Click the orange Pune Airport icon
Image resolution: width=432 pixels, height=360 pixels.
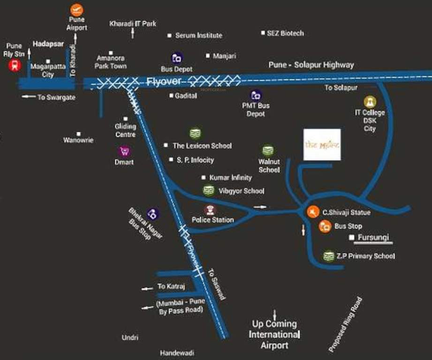(76, 10)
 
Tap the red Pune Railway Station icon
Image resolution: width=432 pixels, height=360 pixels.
(15, 66)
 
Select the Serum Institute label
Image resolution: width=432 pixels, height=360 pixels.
(198, 35)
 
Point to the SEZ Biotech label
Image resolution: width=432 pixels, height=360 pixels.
(285, 33)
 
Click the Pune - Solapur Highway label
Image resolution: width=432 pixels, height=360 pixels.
(311, 65)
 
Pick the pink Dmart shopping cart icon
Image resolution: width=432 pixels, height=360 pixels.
(125, 151)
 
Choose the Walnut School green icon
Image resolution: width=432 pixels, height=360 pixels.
(268, 150)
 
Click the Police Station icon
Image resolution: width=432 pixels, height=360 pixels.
(210, 210)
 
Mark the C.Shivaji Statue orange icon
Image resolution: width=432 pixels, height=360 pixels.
(313, 212)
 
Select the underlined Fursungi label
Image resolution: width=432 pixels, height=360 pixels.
(374, 238)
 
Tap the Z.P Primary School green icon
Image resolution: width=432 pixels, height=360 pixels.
(329, 256)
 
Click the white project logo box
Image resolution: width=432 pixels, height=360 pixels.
(322, 144)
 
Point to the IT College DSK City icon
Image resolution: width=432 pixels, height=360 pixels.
(370, 102)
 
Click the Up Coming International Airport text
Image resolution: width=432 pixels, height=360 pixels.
(274, 334)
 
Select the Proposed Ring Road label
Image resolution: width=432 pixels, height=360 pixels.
(346, 325)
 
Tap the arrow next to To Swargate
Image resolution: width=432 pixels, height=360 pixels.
(29, 97)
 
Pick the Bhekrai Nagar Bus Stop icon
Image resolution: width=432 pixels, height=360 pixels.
(152, 214)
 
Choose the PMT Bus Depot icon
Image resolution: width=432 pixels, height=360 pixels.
(256, 96)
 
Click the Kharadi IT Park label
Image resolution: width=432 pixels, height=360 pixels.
(133, 23)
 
